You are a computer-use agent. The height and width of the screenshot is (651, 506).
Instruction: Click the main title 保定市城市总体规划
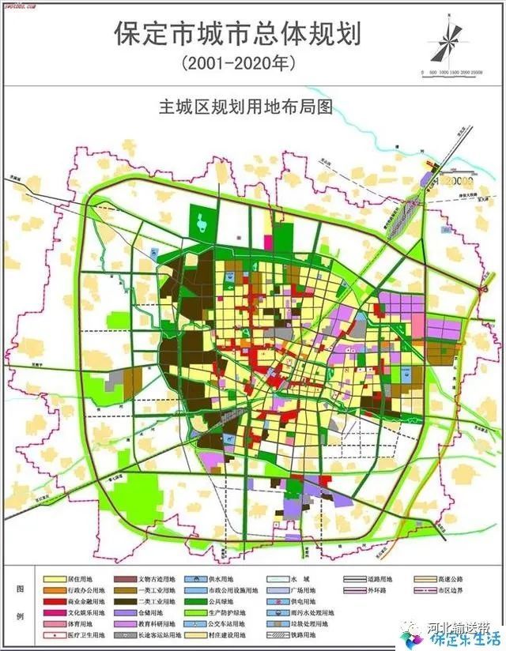point(237,34)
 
